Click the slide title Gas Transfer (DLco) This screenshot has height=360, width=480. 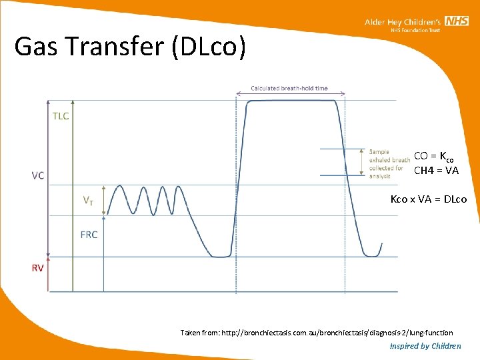click(x=130, y=47)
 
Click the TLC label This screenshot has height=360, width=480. click(x=61, y=115)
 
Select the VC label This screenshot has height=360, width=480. click(x=38, y=176)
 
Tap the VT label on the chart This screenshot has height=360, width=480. click(x=87, y=199)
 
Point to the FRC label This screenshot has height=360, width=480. click(x=89, y=235)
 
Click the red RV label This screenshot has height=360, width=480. click(x=39, y=268)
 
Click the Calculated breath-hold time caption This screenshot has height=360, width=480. click(x=289, y=89)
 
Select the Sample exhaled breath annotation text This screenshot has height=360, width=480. click(x=389, y=164)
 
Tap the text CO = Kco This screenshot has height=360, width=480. click(x=433, y=157)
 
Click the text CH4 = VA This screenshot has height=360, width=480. click(x=436, y=171)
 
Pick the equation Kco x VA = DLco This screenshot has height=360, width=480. click(x=429, y=199)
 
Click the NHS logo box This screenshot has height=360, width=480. click(x=457, y=22)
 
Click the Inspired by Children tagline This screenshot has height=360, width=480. click(x=425, y=346)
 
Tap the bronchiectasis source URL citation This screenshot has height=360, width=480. click(x=316, y=333)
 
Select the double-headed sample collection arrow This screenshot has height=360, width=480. click(x=362, y=162)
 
